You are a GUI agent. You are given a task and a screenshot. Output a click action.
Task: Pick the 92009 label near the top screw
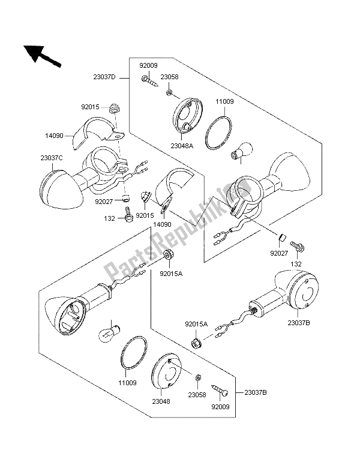point(149,65)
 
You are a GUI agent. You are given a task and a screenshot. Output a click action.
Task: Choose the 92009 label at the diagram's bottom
point(221,406)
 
